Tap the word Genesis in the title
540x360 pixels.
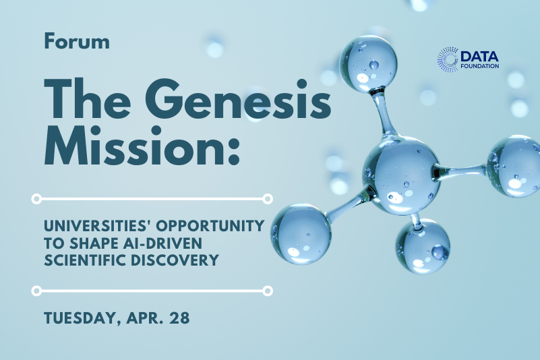241,100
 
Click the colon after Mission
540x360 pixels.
233,151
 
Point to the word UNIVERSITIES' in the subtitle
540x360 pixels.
98,226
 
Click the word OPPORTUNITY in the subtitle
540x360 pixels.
210,226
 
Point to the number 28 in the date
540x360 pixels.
179,318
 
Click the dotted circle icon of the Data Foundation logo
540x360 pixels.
448,59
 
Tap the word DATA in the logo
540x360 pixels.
480,56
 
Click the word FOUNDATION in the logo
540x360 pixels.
480,66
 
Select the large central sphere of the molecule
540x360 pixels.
402,175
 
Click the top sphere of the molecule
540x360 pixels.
369,64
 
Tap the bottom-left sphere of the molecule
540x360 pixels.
301,234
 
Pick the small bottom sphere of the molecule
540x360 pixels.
423,246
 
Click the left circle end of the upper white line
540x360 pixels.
36,199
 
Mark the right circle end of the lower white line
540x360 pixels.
268,291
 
